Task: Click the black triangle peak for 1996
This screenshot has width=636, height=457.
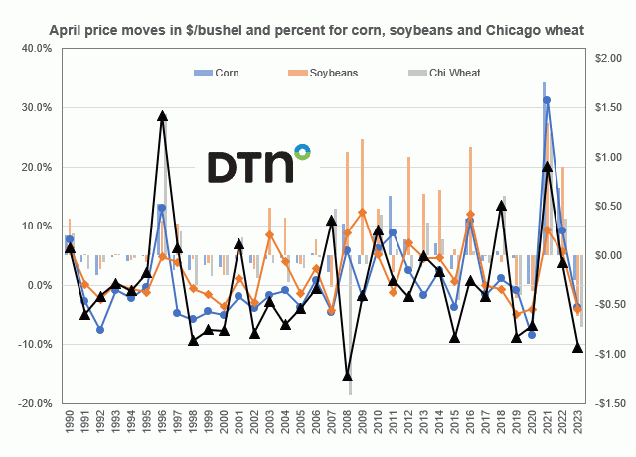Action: (162, 116)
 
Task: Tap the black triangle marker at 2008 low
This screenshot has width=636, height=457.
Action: (348, 376)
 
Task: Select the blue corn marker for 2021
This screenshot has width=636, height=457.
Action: (547, 100)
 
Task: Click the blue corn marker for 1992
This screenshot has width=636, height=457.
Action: (100, 329)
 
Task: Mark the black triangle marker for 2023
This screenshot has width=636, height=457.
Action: (578, 347)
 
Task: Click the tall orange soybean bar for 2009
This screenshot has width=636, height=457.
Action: (363, 179)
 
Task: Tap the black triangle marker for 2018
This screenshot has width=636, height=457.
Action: (502, 206)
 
